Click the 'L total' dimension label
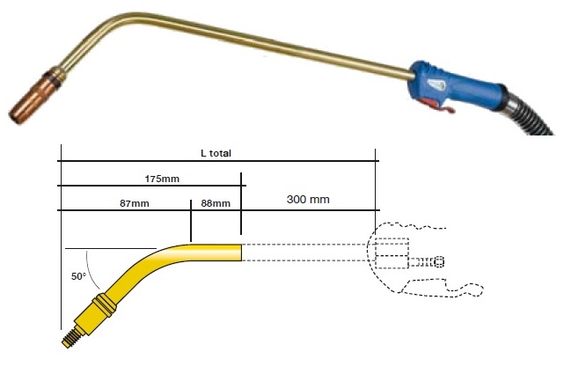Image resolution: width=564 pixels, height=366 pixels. (216, 153)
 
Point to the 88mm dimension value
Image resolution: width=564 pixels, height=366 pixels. (215, 203)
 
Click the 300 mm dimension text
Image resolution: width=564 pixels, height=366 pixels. (308, 200)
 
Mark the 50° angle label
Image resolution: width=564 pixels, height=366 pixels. (78, 276)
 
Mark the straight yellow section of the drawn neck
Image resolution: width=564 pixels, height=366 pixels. (211, 253)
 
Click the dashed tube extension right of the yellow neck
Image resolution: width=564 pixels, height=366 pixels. (304, 253)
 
